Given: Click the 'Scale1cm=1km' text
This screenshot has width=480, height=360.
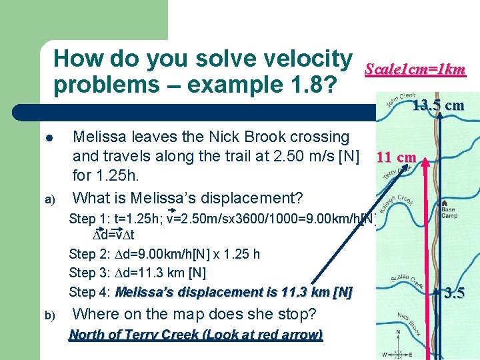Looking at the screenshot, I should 415,69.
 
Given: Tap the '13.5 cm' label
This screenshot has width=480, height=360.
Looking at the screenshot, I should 438,105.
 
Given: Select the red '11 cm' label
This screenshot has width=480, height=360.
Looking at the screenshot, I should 396,158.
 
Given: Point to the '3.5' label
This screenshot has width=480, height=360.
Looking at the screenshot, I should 455,292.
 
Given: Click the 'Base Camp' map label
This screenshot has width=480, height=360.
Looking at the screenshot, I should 449,212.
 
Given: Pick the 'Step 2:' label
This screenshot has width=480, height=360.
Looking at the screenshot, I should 88,254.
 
